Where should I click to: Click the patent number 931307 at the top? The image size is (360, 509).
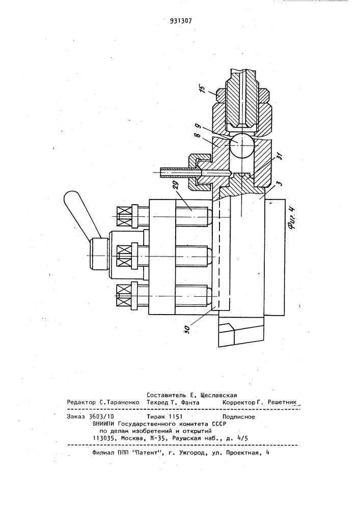point(181,21)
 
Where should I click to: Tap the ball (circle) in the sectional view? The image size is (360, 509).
point(241,146)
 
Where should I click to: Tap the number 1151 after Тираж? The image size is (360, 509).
point(175,417)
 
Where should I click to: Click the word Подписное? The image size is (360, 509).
point(239,417)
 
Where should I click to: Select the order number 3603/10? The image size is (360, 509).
point(99,417)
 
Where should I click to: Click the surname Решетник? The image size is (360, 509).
point(282,402)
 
